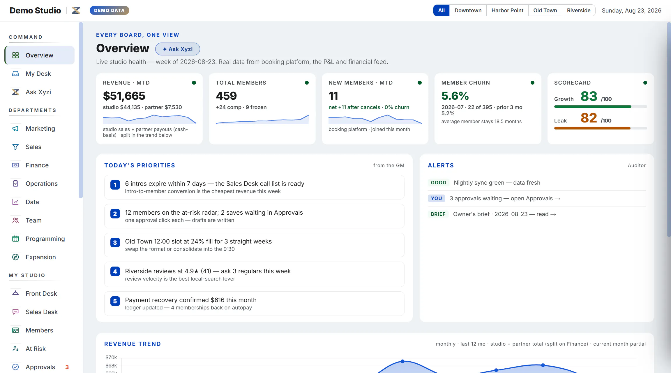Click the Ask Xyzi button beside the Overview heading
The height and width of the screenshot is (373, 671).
point(177,49)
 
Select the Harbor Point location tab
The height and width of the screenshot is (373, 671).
point(507,10)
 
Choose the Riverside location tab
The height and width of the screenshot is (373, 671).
point(578,10)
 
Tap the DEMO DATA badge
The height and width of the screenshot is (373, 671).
point(109,10)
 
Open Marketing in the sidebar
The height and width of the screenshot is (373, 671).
point(40,129)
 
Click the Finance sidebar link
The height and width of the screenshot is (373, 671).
point(37,165)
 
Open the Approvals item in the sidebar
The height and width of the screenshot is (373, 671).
point(40,367)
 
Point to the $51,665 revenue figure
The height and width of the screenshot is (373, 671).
point(124,96)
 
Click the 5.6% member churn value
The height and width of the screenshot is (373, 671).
point(455,96)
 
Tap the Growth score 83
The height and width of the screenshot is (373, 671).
point(589,96)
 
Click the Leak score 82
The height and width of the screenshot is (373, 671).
point(589,118)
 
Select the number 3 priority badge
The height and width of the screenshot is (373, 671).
point(115,243)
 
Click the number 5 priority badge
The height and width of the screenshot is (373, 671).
point(115,301)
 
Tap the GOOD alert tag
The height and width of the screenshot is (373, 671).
point(438,183)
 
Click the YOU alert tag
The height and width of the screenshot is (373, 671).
point(436,198)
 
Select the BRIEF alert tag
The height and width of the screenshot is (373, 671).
point(438,214)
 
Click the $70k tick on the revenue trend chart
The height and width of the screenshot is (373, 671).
point(111,358)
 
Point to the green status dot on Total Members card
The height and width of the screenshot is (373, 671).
point(307,83)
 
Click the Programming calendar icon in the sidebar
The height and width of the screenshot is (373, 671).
point(15,239)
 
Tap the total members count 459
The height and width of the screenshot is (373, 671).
point(226,96)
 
